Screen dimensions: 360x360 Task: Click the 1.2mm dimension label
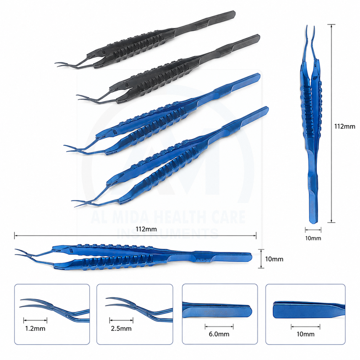tap(35, 328)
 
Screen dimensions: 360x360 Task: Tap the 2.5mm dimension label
tap(121, 328)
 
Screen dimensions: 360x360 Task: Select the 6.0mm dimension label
tap(219, 334)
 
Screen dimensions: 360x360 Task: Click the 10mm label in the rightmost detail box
tap(305, 334)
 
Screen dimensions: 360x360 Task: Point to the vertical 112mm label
tap(345, 126)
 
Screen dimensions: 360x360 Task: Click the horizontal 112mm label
tap(146, 229)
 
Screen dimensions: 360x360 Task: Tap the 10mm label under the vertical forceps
tap(313, 238)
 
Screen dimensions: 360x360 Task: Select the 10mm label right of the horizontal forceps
tap(274, 259)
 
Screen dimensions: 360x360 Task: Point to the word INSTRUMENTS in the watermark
tap(168, 233)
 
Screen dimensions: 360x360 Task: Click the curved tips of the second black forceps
tap(82, 97)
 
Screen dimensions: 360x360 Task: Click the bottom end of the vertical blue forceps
tap(313, 221)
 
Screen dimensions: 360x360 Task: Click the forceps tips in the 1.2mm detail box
tap(34, 303)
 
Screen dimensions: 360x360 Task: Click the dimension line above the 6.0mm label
tap(219, 327)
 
